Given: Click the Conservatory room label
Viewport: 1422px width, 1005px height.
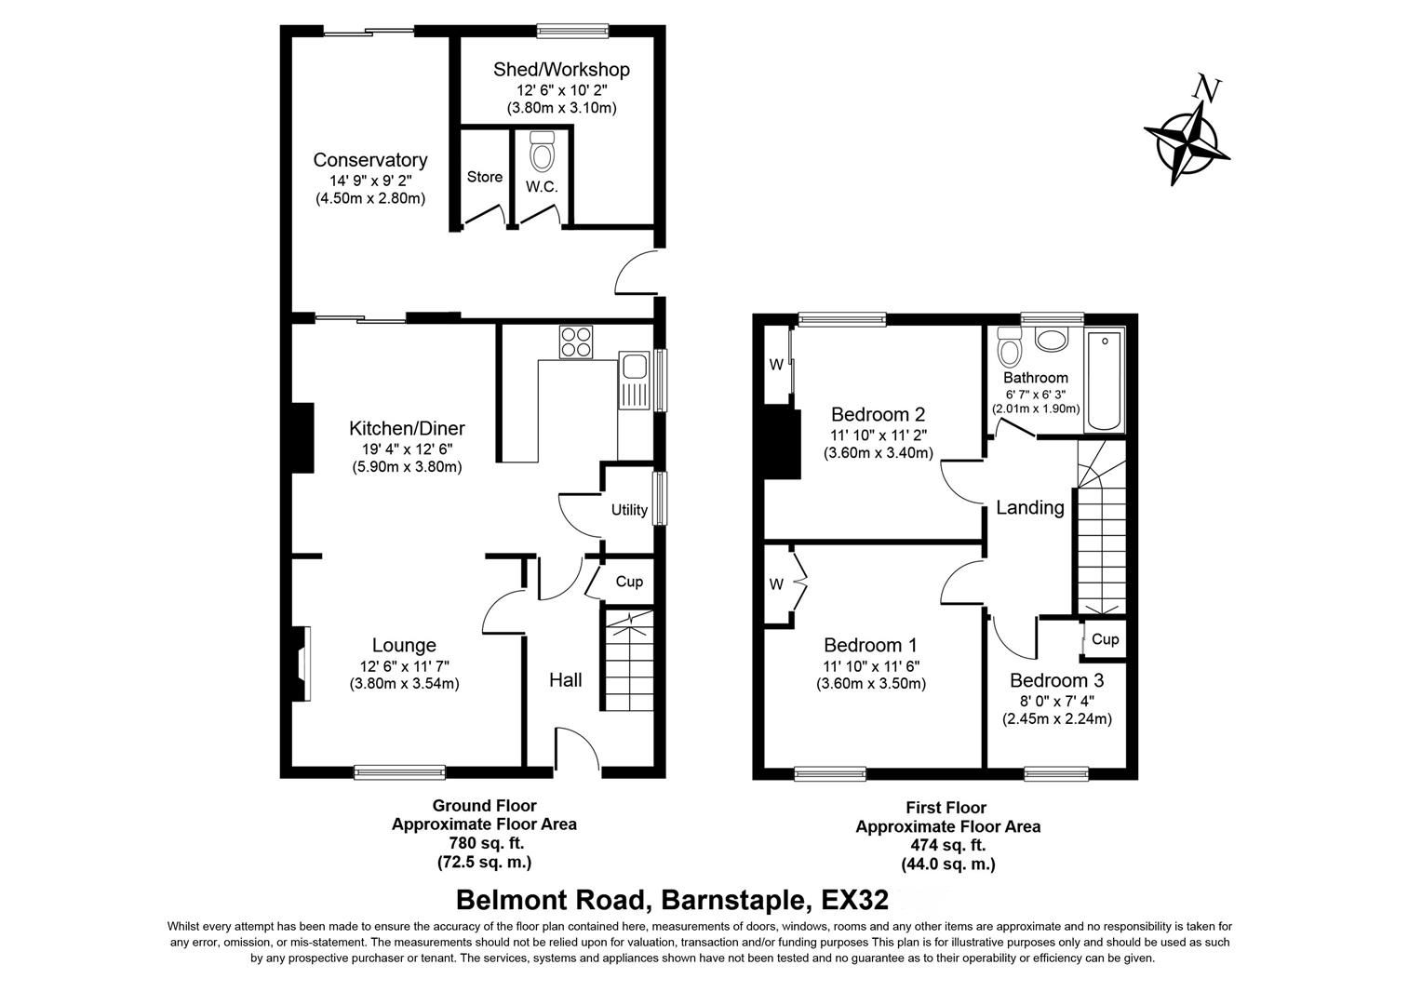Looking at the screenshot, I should (x=369, y=160).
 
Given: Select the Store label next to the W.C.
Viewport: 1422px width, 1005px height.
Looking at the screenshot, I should (x=484, y=177).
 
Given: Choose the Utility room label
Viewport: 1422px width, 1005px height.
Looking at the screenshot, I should (x=629, y=510).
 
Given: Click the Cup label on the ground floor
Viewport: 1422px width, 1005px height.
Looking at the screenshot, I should (x=629, y=582).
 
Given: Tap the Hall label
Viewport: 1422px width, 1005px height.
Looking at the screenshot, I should (x=565, y=680).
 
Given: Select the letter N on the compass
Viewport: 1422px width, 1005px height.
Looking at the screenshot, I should (x=1207, y=88).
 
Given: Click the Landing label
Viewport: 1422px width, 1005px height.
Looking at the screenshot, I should (x=1029, y=508).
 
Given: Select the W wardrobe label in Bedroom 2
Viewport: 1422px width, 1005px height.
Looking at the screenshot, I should (x=775, y=365).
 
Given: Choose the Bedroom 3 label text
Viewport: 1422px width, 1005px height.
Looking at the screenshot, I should (x=1055, y=680).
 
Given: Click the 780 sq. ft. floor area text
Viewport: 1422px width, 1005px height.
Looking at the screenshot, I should (x=484, y=843).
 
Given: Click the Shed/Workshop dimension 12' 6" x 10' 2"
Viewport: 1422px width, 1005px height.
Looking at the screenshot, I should (x=561, y=90).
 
